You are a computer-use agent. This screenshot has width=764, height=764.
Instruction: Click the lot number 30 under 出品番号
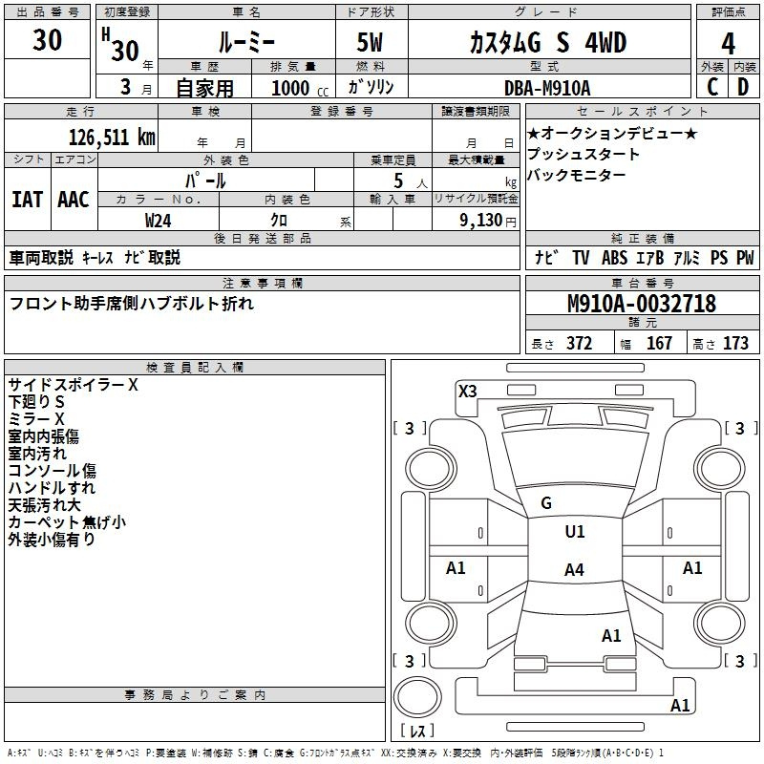(48, 41)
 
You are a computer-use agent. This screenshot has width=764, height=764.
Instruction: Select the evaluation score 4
(728, 43)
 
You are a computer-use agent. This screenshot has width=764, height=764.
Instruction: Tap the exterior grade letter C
(711, 86)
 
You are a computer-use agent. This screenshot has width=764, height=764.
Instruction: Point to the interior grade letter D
(743, 86)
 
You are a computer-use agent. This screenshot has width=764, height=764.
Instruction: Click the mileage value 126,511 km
(112, 136)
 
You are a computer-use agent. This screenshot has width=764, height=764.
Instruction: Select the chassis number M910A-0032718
(641, 305)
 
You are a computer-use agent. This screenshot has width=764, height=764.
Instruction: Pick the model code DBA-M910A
(547, 88)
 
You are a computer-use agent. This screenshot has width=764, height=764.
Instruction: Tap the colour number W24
(159, 220)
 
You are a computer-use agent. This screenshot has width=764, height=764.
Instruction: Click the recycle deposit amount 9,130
(485, 220)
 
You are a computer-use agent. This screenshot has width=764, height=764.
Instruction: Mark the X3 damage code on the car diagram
(468, 391)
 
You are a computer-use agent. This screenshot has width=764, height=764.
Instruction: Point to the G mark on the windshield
(546, 503)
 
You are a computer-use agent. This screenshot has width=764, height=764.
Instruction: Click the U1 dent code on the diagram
(575, 532)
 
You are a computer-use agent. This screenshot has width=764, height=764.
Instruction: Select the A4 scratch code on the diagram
(574, 570)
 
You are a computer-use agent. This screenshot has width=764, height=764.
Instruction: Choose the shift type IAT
(27, 199)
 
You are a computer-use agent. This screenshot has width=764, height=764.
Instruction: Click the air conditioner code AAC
(74, 199)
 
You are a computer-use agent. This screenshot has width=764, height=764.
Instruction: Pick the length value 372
(579, 344)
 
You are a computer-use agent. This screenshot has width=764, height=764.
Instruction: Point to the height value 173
(735, 344)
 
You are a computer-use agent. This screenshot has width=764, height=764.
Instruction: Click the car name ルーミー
(246, 43)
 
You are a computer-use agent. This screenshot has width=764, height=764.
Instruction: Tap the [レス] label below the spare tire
(417, 732)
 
